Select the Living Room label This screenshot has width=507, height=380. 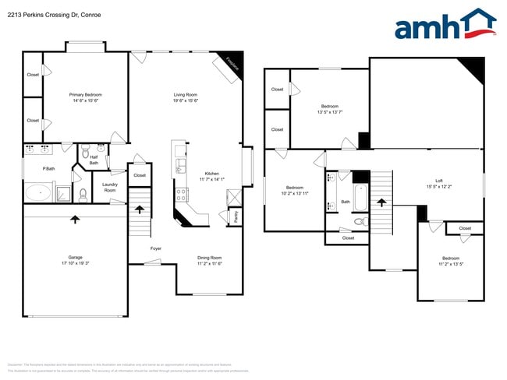pyautogui.click(x=185, y=97)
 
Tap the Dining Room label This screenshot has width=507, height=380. pyautogui.click(x=209, y=260)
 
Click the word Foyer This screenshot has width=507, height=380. pyautogui.click(x=156, y=248)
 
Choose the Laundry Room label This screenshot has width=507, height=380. pyautogui.click(x=110, y=188)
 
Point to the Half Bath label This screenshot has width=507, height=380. pyautogui.click(x=94, y=160)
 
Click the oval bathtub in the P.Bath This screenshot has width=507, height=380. pyautogui.click(x=38, y=192)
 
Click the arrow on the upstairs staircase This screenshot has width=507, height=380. pyautogui.click(x=381, y=202)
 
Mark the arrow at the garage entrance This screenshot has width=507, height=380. pyautogui.click(x=75, y=219)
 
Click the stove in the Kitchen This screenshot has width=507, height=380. pyautogui.click(x=181, y=195)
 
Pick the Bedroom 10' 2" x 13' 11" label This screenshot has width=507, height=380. pyautogui.click(x=294, y=190)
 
